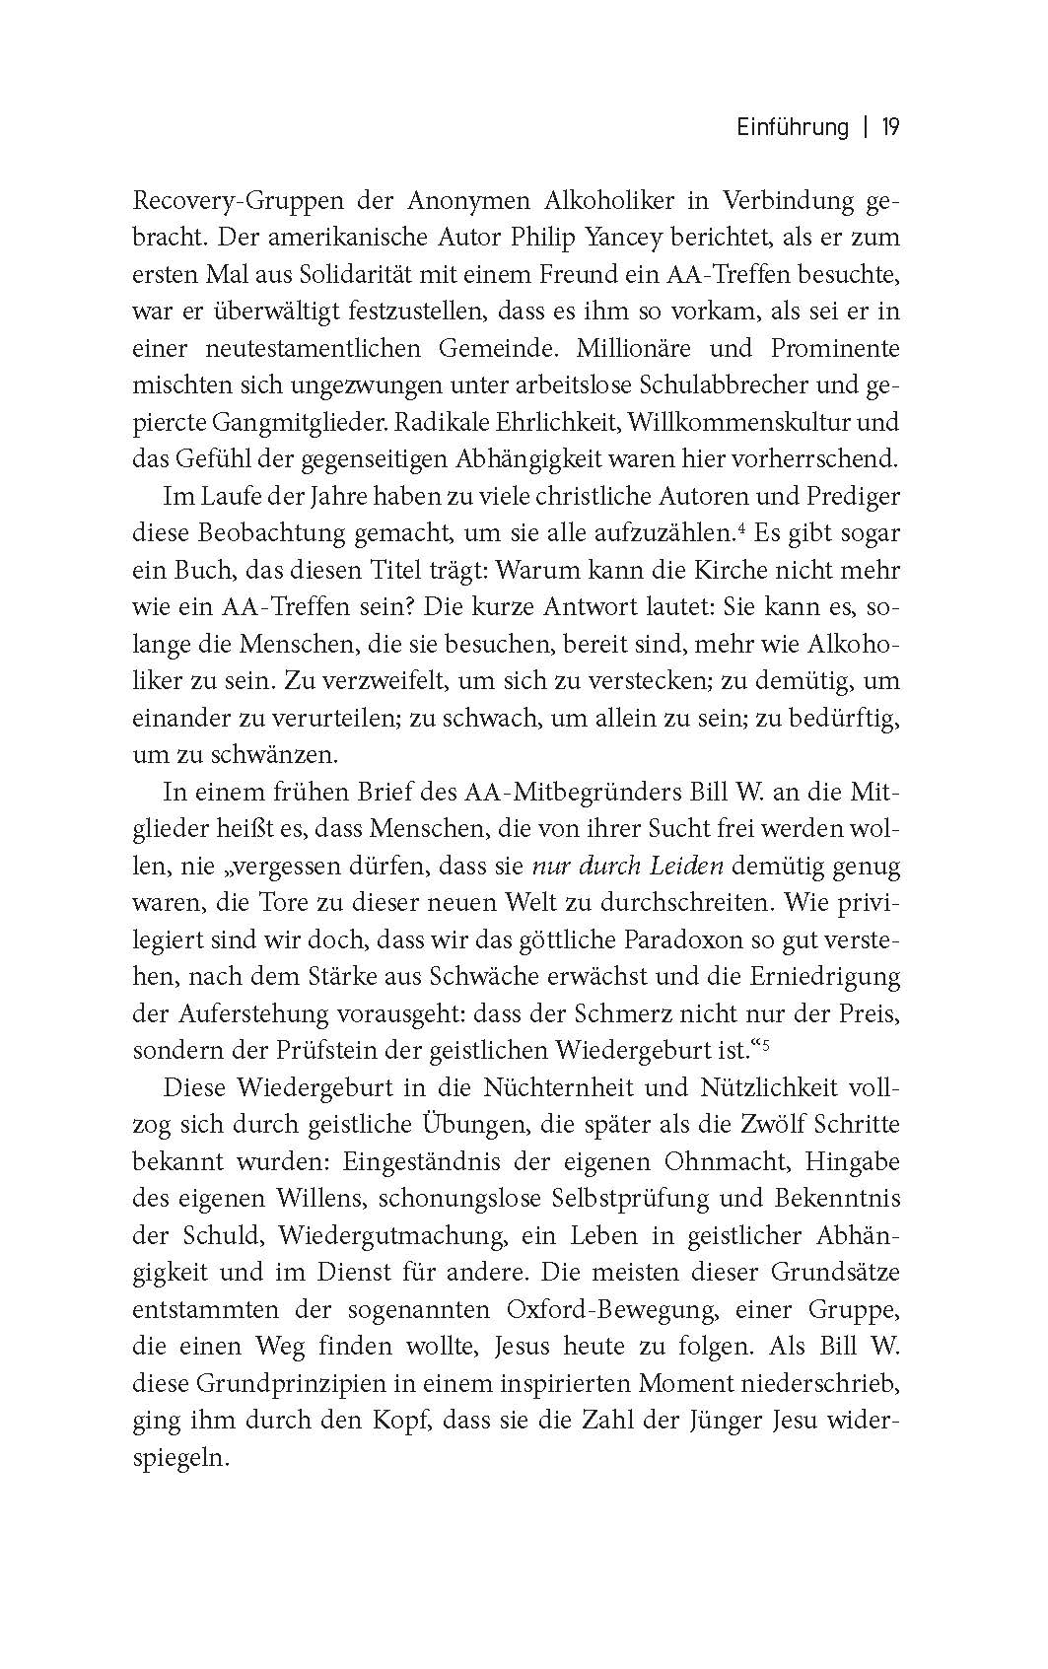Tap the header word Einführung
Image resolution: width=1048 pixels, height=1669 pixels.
(x=793, y=127)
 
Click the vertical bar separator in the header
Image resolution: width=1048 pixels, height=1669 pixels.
(x=866, y=127)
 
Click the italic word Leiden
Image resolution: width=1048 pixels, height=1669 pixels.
(x=687, y=867)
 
